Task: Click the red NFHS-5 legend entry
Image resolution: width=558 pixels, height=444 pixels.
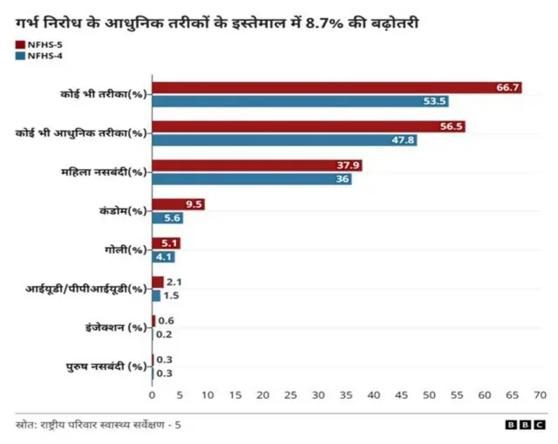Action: click(37, 44)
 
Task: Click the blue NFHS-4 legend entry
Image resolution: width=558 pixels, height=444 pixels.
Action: click(37, 56)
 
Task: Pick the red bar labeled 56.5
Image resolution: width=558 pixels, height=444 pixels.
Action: click(308, 126)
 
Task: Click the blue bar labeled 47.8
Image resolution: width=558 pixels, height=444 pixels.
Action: click(284, 140)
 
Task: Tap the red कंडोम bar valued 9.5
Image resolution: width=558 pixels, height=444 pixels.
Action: click(178, 204)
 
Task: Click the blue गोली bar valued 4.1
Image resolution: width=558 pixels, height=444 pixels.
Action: click(163, 257)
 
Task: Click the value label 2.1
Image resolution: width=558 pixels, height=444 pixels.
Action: click(173, 282)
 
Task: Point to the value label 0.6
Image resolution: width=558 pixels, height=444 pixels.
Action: click(165, 321)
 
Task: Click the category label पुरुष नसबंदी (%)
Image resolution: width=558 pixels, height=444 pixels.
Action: click(106, 366)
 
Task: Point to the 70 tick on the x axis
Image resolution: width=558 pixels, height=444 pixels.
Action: click(540, 395)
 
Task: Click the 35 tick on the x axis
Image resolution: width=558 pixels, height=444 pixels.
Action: click(346, 395)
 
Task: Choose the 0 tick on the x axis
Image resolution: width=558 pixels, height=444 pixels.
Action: click(153, 395)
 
